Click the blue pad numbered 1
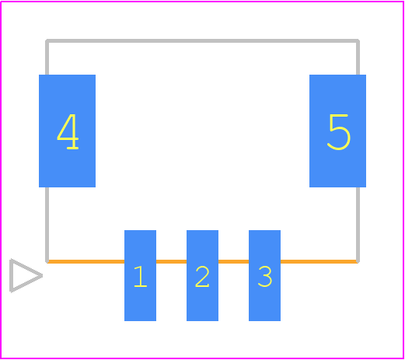[140, 275]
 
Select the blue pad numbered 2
[202, 275]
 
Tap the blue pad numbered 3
[264, 275]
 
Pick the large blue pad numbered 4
[67, 131]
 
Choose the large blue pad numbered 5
[337, 131]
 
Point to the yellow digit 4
[68, 131]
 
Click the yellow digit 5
[339, 132]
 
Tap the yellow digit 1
[141, 277]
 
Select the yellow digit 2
[202, 277]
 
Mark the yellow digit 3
[265, 277]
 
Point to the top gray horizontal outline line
[202, 40]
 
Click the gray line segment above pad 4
[47, 58]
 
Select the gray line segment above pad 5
[358, 58]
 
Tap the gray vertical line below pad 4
[47, 225]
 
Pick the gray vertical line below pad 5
[358, 225]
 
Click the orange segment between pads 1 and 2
[171, 261]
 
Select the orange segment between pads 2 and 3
[233, 261]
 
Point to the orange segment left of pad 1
[86, 261]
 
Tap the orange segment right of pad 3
[319, 261]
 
